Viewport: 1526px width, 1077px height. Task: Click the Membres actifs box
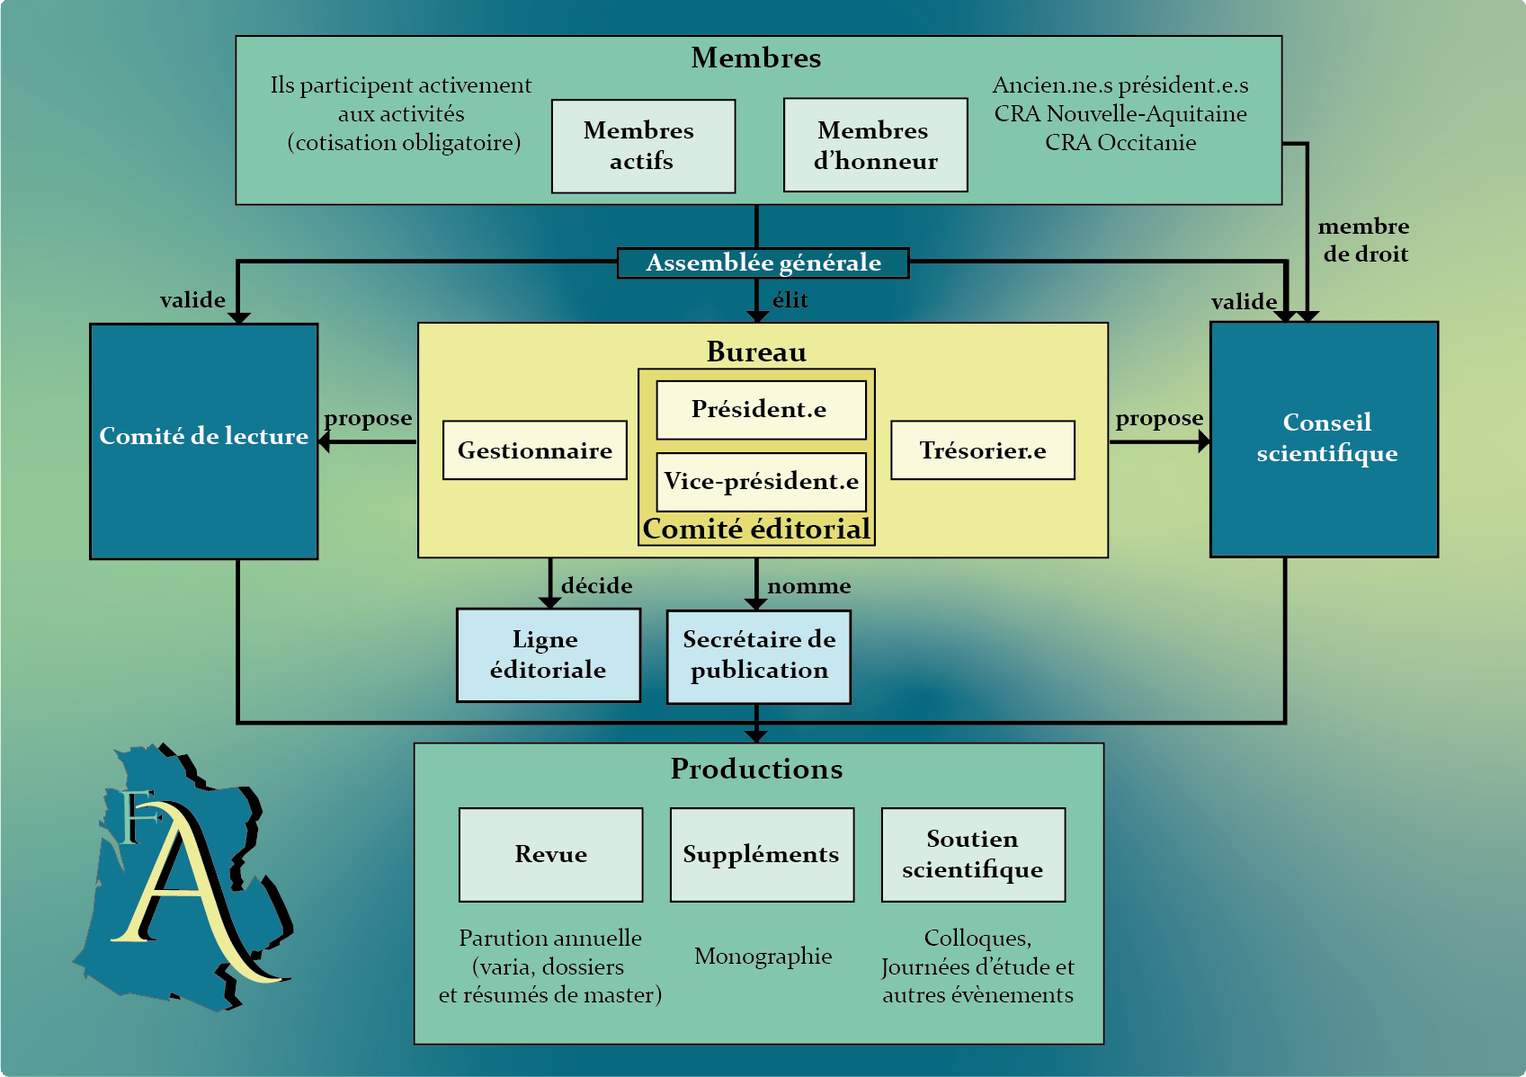643,146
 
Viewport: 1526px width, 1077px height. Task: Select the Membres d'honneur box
875,146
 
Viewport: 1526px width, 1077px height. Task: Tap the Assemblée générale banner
763,263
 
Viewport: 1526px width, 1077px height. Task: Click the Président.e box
761,410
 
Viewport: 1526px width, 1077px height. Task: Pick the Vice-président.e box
761,482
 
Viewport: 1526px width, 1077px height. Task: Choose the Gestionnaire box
535,450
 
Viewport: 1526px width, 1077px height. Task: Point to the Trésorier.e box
982,450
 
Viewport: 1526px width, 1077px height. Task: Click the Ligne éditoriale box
549,654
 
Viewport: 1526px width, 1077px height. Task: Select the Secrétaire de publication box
758,656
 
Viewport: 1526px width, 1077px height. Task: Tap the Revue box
550,854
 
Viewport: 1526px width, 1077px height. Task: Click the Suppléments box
762,854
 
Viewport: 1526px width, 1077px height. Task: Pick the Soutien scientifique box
973,854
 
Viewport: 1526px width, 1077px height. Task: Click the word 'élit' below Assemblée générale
790,300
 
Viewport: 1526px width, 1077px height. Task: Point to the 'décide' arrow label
596,586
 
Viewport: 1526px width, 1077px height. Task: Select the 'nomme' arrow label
808,586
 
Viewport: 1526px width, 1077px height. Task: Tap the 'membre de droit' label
1364,240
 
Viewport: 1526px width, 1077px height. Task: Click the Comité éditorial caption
756,529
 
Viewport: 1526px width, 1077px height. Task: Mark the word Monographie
763,956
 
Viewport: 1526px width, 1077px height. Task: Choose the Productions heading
756,769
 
